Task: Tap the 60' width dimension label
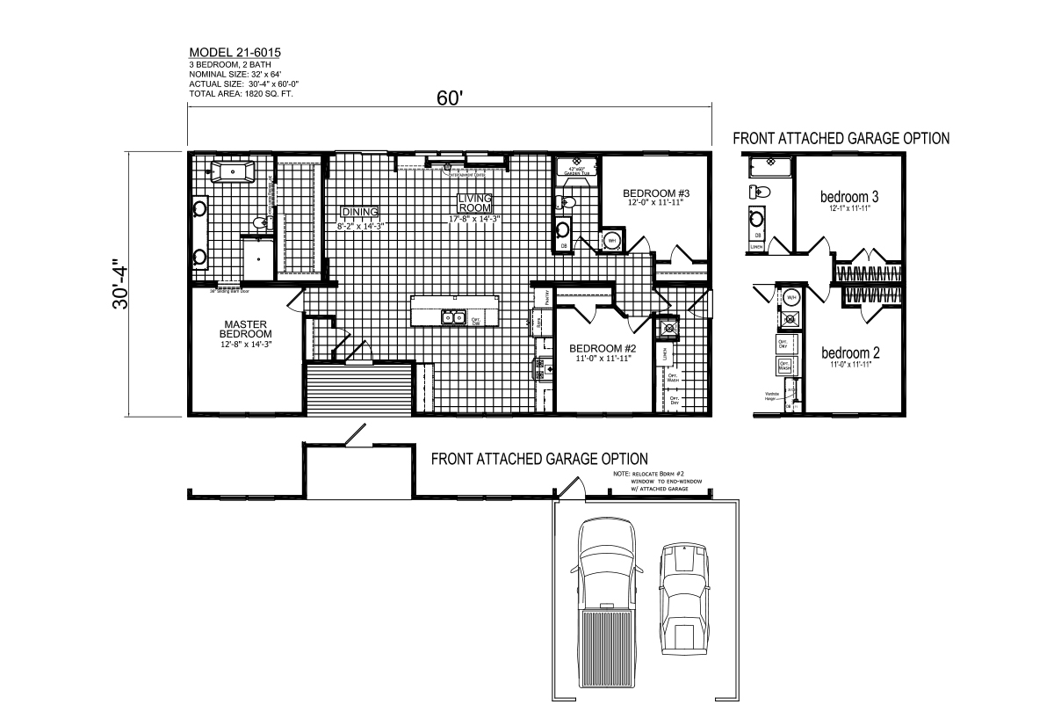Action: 448,98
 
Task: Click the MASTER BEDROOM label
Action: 245,329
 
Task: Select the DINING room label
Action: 359,212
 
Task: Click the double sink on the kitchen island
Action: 453,317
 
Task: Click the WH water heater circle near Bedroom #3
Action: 610,239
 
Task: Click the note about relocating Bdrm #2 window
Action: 664,483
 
